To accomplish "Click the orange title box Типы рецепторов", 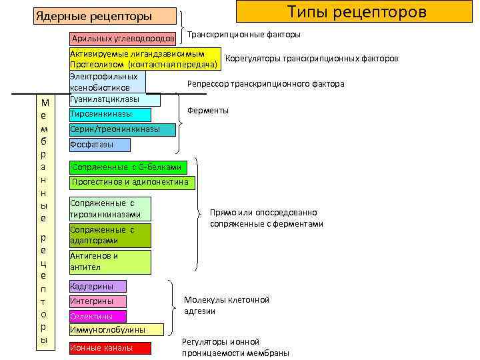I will (x=357, y=13).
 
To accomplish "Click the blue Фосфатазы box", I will (x=100, y=145).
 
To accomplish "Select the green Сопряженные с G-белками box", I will (x=128, y=167).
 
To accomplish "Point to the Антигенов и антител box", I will (x=110, y=261).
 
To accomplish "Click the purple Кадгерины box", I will (x=97, y=287).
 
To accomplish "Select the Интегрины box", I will (x=97, y=301).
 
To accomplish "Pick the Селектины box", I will (x=97, y=316).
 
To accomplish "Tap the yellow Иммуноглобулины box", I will (x=116, y=330).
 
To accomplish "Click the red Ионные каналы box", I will (x=110, y=348).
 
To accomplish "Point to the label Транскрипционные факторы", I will (x=243, y=35).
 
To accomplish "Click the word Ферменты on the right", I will (x=208, y=110).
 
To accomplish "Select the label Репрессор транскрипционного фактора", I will (x=265, y=84).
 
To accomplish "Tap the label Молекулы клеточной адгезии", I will (x=226, y=305).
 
